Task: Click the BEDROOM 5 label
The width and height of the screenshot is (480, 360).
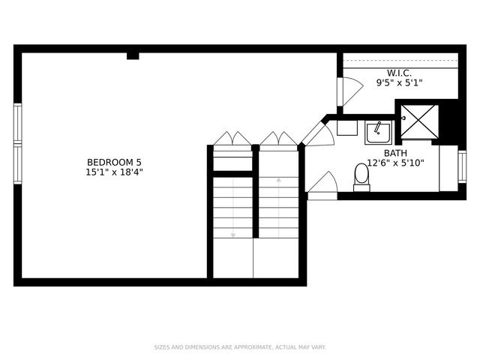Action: [114, 162]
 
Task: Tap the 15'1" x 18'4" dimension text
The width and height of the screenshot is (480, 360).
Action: [114, 172]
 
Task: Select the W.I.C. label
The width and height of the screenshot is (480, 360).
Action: [399, 73]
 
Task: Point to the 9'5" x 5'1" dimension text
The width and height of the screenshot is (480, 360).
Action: [399, 82]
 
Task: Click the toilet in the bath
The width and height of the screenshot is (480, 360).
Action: [361, 177]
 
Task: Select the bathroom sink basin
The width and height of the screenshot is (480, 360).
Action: [378, 133]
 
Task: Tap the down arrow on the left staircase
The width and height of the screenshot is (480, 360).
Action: [233, 234]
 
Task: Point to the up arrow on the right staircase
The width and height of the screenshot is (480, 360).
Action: [279, 181]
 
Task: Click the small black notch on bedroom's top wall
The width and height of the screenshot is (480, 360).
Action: [133, 55]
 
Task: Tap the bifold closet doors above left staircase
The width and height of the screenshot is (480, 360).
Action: [232, 139]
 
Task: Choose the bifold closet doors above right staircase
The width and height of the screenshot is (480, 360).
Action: [278, 139]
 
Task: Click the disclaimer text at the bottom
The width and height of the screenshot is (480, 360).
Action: [240, 347]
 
